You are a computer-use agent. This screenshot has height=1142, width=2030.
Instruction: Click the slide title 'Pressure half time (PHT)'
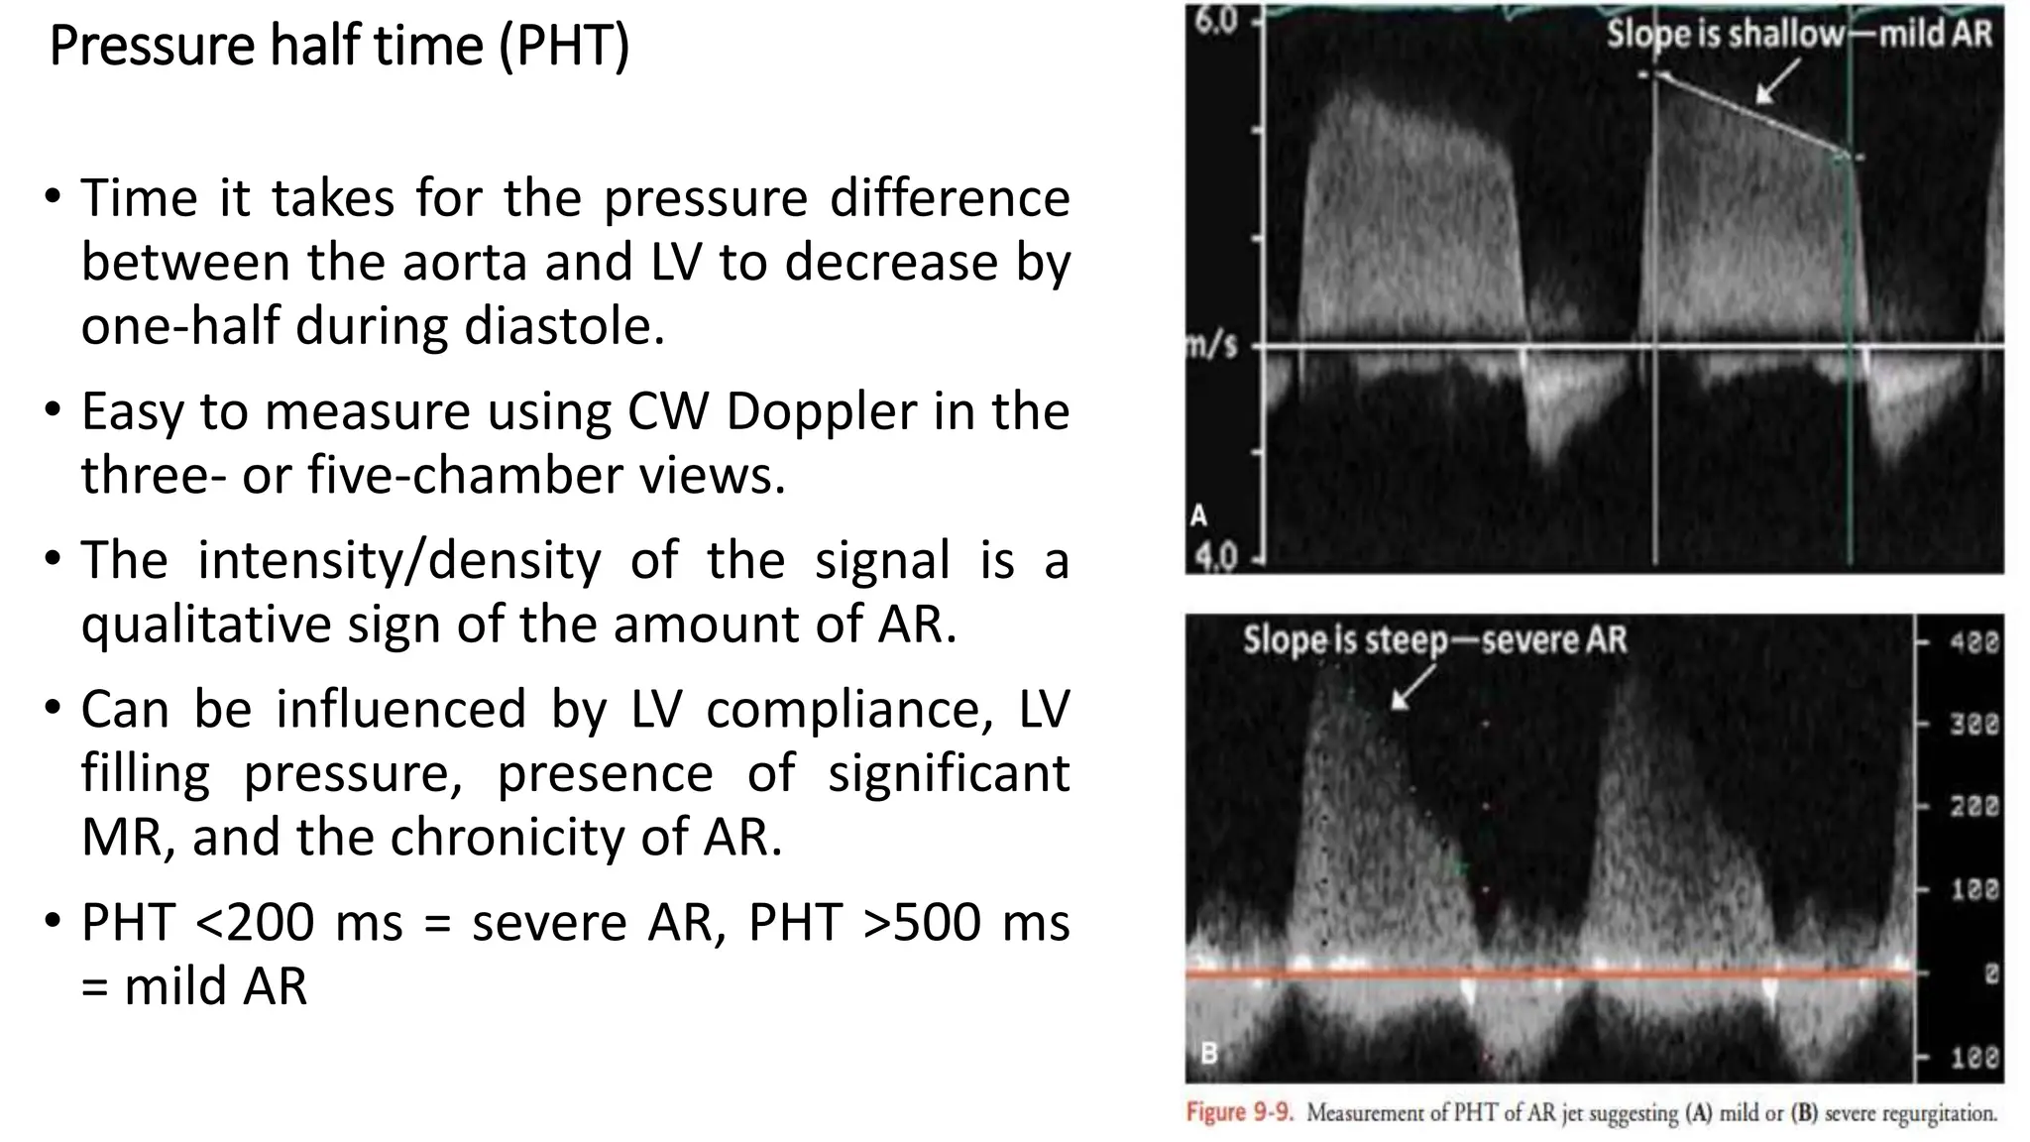click(x=339, y=46)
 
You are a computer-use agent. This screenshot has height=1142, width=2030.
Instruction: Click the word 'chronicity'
click(x=510, y=837)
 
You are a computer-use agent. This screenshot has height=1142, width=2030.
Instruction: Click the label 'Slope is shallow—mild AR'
click(x=1799, y=35)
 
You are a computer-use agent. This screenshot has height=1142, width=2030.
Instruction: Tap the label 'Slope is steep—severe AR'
click(x=1435, y=640)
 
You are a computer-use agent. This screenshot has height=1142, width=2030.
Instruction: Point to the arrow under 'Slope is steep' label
click(x=1411, y=687)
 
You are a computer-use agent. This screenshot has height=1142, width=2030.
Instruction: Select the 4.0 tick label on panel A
click(x=1215, y=557)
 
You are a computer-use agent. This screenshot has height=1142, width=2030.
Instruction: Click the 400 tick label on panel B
click(x=1974, y=642)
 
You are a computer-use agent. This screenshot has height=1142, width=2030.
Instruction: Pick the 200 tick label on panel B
click(x=1974, y=807)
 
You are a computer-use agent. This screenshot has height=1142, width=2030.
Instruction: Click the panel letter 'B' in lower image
click(x=1209, y=1053)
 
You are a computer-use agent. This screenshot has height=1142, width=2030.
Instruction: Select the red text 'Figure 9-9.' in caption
click(x=1240, y=1112)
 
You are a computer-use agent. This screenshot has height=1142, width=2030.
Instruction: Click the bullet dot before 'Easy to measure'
click(x=54, y=409)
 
